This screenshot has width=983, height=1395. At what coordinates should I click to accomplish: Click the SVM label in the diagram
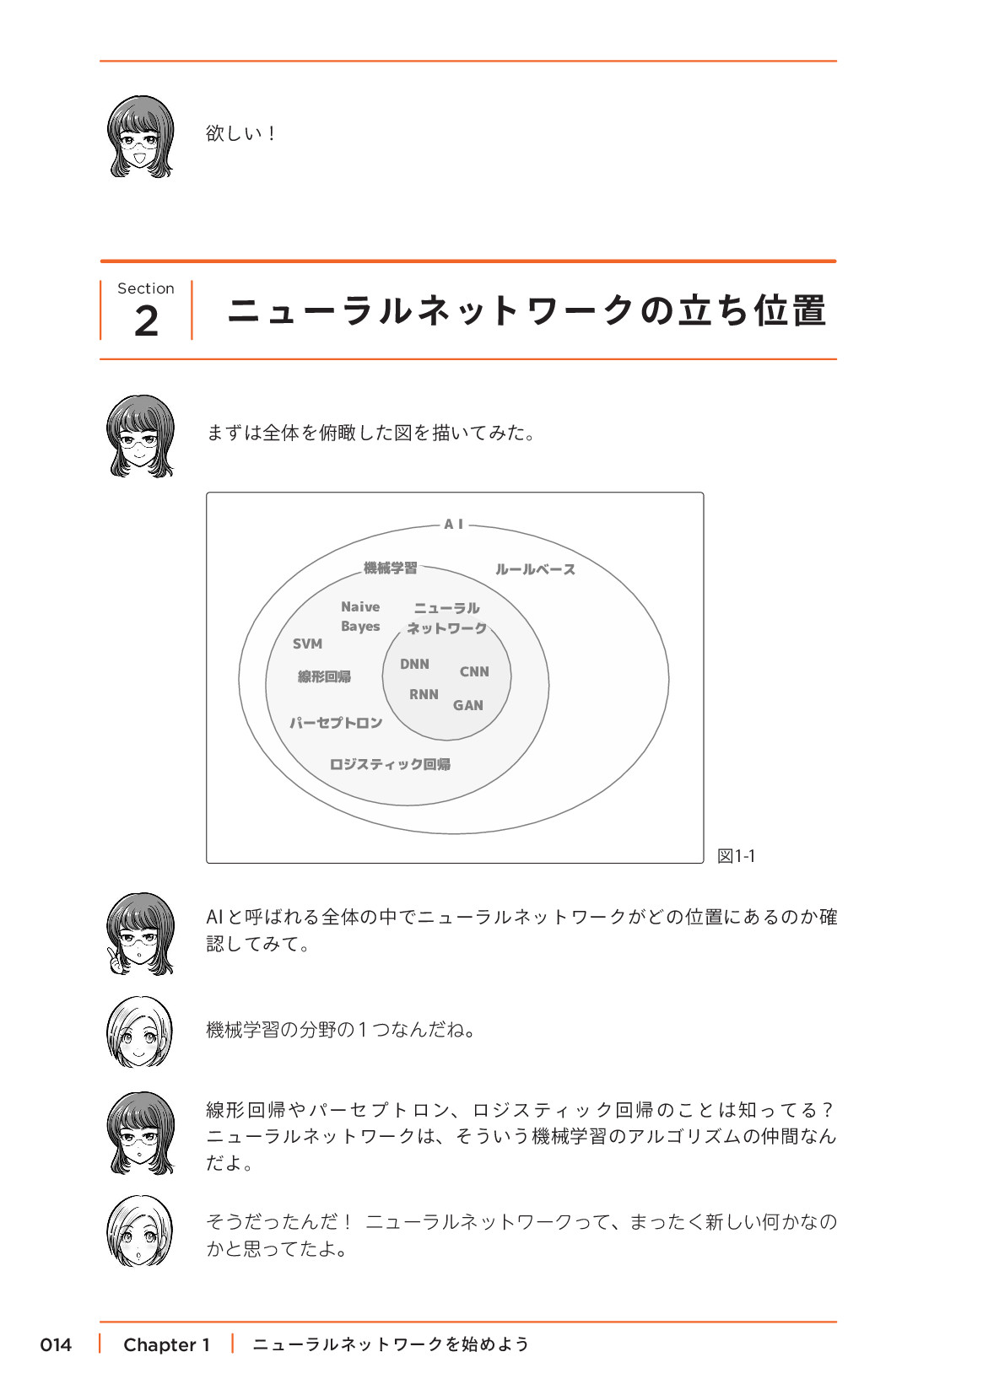pos(307,644)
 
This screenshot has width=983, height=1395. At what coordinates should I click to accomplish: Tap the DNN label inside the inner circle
pos(414,665)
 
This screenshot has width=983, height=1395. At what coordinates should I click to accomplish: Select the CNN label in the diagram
pos(474,672)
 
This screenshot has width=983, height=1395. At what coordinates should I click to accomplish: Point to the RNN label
pos(424,695)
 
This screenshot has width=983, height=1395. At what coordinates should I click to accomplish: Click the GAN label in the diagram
pos(468,706)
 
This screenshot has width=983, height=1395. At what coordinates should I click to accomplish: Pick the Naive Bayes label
pos(360,617)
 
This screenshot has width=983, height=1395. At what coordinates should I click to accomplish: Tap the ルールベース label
pos(535,569)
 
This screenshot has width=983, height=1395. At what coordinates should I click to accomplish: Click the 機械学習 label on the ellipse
pos(390,568)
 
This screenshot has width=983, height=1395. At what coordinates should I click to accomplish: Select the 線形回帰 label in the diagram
pos(324,676)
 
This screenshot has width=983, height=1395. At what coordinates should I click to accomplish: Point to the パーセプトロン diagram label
pos(336,723)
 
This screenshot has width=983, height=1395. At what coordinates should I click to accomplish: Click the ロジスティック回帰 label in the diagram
pos(390,764)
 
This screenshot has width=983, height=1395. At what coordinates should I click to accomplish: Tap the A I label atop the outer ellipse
pos(454,525)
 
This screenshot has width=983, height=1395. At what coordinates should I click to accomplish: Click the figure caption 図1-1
pos(736,856)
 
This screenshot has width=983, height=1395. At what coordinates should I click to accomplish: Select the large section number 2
pos(146,321)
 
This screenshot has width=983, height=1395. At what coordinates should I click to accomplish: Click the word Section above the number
pos(146,288)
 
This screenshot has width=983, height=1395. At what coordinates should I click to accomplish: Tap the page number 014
pos(56,1344)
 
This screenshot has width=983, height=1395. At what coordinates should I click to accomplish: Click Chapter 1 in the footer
pos(166,1344)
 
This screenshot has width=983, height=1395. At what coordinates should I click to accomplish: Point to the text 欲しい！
pos(241,133)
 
